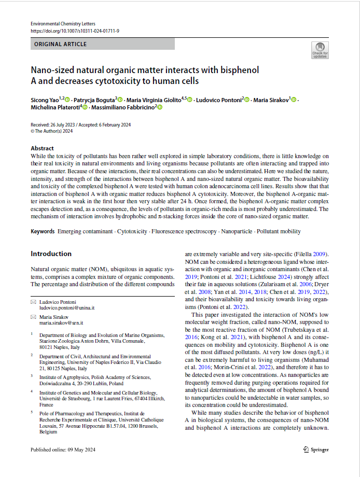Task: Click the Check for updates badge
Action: coord(320,50)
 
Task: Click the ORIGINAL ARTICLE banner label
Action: coord(61,44)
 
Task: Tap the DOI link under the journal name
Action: coord(75,31)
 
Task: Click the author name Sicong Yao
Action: coord(44,99)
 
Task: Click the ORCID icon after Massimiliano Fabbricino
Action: coord(160,107)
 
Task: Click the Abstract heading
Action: coord(42,148)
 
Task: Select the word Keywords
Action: coord(43,231)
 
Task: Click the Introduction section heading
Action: coord(51,254)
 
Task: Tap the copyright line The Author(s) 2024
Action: coord(52,131)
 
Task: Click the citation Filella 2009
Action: coord(312,255)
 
